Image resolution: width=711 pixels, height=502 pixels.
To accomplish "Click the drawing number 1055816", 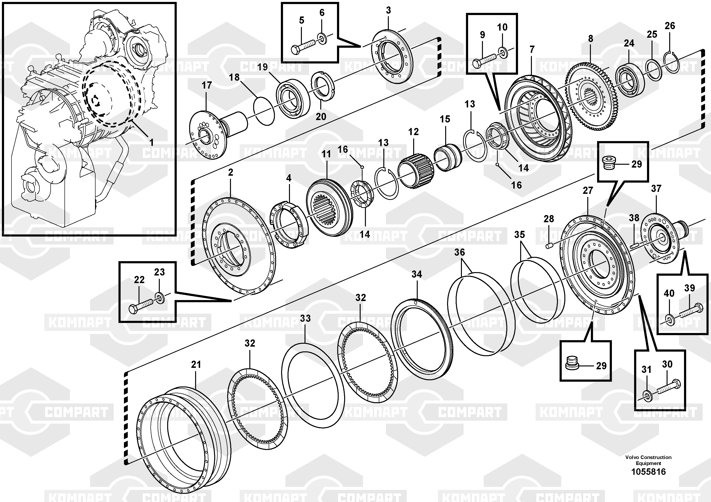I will point(648,472).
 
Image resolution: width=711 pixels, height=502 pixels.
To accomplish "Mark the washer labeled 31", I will point(647,396).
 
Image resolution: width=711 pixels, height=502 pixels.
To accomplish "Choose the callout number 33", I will point(305,318).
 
